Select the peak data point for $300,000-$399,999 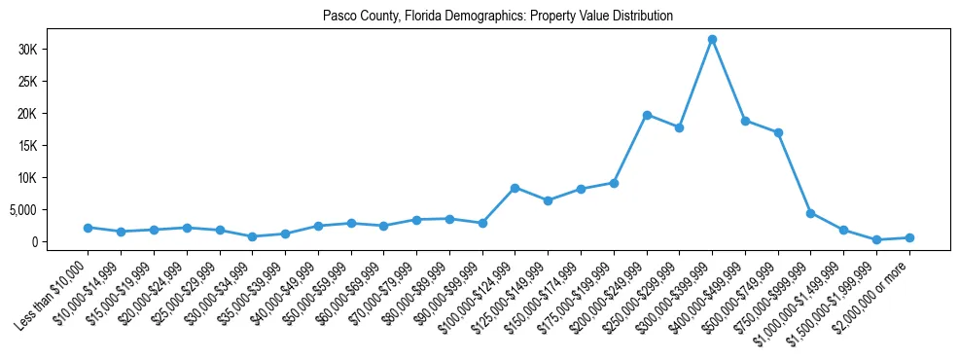712,40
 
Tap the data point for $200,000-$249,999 647,115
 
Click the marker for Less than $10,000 89,228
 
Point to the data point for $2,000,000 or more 909,237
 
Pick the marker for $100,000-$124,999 515,188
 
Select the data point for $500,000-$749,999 778,132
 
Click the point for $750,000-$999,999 811,213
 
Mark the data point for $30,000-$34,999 253,236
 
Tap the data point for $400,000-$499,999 745,121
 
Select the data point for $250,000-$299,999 680,127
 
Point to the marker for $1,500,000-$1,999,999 876,239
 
